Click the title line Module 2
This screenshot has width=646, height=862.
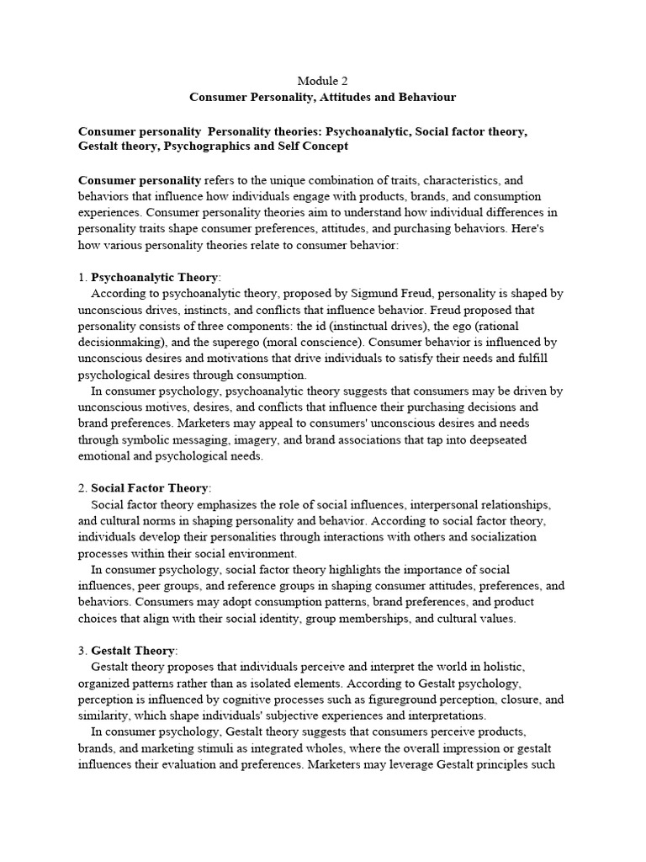(x=322, y=81)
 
